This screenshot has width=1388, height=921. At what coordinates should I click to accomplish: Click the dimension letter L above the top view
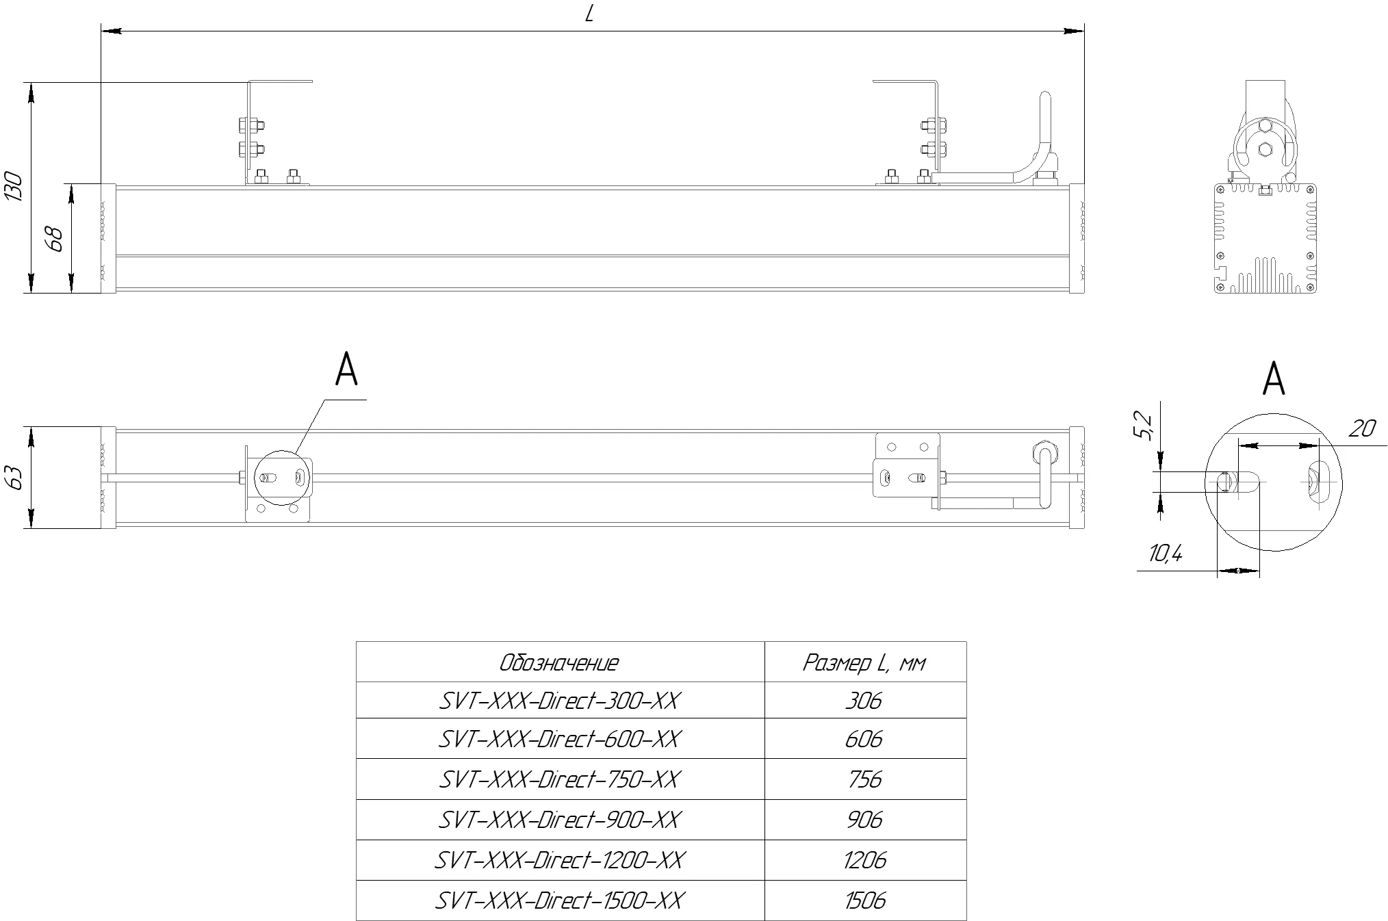(589, 14)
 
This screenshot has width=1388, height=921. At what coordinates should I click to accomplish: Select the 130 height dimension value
(14, 187)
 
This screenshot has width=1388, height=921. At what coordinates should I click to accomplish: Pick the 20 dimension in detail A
(1362, 429)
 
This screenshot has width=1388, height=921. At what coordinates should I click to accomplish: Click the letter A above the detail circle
(1273, 378)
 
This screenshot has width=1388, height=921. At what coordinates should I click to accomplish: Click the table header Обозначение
(559, 662)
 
